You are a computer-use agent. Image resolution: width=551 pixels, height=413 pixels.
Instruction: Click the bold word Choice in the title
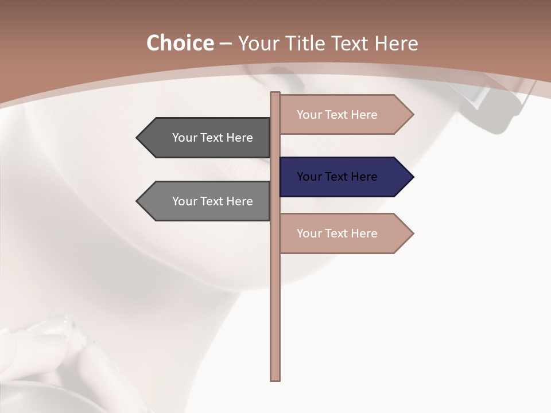tap(180, 43)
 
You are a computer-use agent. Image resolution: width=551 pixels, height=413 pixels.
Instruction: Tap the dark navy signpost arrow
tap(344, 177)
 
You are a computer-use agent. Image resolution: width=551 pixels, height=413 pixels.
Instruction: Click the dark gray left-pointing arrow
tap(207, 138)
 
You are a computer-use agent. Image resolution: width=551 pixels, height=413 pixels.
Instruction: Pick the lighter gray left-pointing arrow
tap(207, 201)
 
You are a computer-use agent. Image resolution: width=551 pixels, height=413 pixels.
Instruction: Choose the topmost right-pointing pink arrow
tap(344, 115)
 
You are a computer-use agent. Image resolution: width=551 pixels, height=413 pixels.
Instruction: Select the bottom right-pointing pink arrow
tap(344, 233)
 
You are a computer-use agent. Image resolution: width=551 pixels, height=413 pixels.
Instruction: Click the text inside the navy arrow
tap(337, 177)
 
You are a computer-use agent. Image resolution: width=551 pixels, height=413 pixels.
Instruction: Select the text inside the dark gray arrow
tap(212, 138)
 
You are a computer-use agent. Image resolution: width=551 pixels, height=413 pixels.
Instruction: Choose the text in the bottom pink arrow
tap(337, 233)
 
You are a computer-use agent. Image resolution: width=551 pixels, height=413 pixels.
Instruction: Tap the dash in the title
tap(226, 44)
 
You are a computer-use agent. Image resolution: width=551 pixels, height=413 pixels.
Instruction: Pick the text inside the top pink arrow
tap(337, 115)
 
